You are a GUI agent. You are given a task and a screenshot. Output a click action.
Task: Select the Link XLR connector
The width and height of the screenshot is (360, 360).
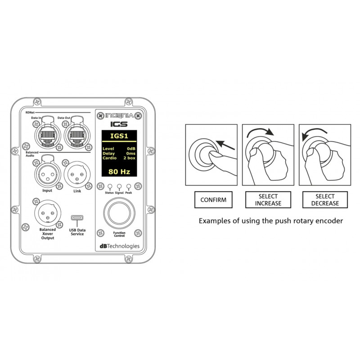[77, 174]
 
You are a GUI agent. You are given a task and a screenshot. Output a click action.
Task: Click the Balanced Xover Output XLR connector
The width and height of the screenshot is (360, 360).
[48, 213]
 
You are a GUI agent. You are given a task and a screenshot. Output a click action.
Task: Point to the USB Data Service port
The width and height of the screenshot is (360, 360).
[77, 218]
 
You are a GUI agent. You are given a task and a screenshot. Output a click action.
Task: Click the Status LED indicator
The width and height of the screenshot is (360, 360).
[110, 186]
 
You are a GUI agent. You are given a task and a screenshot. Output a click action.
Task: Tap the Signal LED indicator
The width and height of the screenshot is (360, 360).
[119, 186]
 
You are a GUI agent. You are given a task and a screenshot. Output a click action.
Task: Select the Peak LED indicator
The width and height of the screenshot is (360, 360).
[129, 186]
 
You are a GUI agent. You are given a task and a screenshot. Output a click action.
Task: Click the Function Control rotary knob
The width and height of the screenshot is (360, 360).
[119, 213]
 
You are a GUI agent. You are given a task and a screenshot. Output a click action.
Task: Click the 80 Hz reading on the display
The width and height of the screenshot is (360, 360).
[119, 171]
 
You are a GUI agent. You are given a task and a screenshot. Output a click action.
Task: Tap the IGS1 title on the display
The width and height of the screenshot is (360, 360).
[119, 136]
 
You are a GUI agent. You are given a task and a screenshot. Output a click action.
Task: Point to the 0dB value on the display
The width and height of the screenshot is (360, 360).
[131, 149]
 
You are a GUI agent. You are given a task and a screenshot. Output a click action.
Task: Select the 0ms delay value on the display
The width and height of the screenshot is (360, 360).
[130, 153]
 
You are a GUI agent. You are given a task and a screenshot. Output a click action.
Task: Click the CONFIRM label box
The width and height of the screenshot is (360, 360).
[213, 200]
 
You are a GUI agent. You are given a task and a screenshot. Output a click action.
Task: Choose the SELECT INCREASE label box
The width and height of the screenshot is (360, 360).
[268, 200]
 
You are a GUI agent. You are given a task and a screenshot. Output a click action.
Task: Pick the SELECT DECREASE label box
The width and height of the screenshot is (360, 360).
[325, 200]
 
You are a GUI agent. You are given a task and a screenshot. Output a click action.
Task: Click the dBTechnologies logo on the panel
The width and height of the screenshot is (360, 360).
[120, 246]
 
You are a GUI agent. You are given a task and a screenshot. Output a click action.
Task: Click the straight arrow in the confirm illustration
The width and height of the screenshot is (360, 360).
[225, 145]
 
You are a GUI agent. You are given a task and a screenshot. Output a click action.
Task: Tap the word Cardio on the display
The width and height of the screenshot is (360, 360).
[109, 158]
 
